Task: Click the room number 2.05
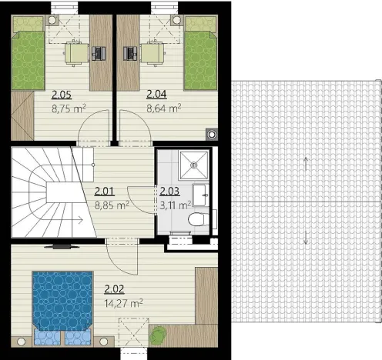click(x=62, y=95)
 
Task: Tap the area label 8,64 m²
click(x=164, y=109)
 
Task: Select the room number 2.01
click(x=104, y=192)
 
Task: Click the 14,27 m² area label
click(x=126, y=303)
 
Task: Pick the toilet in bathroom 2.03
click(x=196, y=222)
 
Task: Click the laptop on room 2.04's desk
click(x=129, y=53)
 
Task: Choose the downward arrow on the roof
click(x=307, y=236)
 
